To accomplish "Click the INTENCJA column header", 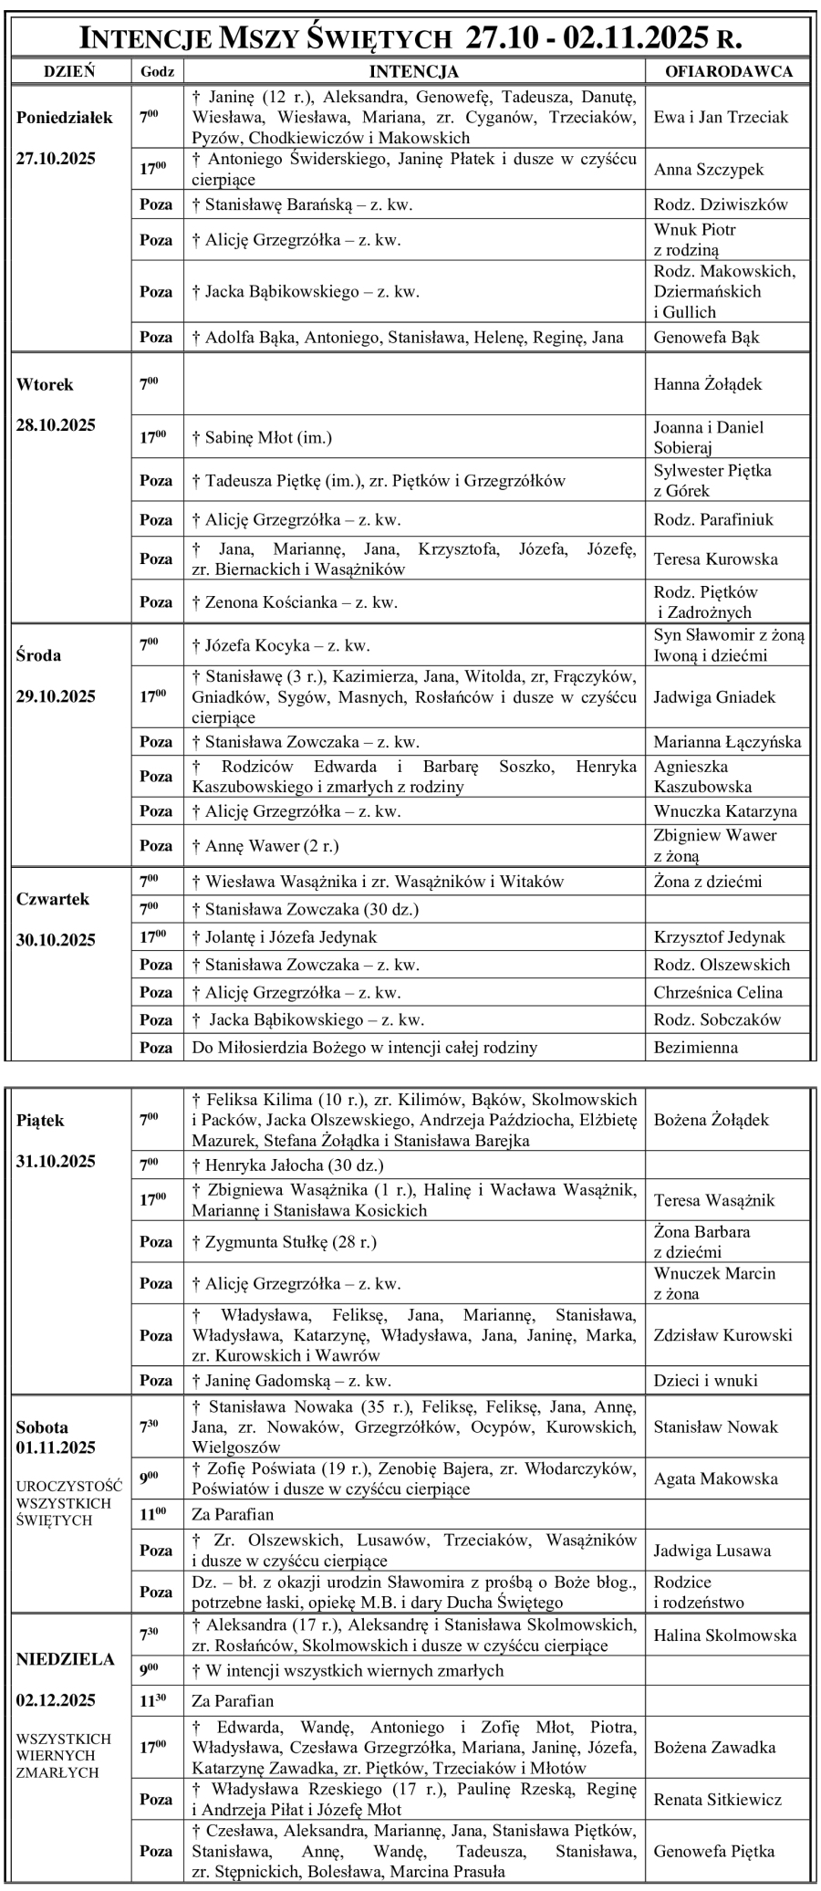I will click(413, 71).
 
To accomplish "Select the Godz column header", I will click(157, 71).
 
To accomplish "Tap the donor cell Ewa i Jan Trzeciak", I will click(721, 117).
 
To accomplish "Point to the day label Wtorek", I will click(45, 384).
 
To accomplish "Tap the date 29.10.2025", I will click(56, 696).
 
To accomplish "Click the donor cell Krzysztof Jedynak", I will click(719, 936).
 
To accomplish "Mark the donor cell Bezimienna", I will click(695, 1047).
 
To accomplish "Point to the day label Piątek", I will click(40, 1121).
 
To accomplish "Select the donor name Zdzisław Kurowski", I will click(722, 1334).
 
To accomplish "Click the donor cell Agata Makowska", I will click(715, 1478).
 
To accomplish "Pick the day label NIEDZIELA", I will click(65, 1659).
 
